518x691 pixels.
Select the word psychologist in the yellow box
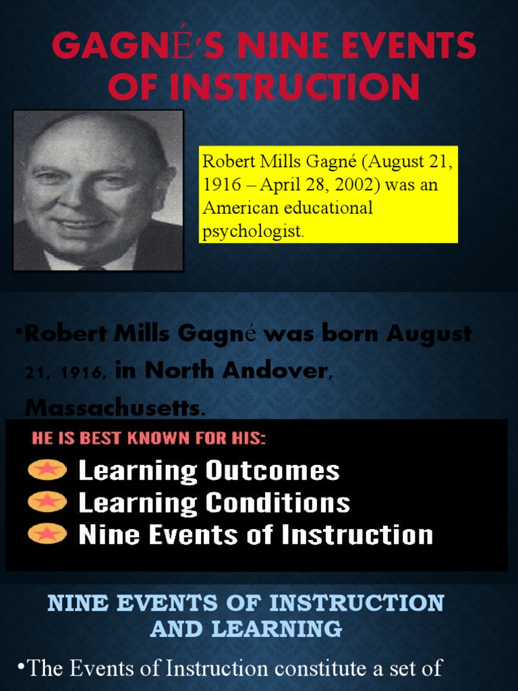coord(253,231)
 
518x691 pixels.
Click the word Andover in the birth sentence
coord(279,370)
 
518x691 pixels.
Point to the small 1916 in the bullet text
coord(90,372)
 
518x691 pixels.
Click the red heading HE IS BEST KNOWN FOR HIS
coord(149,438)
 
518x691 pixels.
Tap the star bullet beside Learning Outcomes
coord(47,470)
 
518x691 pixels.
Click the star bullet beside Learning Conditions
coord(47,501)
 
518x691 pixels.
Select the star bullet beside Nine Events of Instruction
coord(47,534)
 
